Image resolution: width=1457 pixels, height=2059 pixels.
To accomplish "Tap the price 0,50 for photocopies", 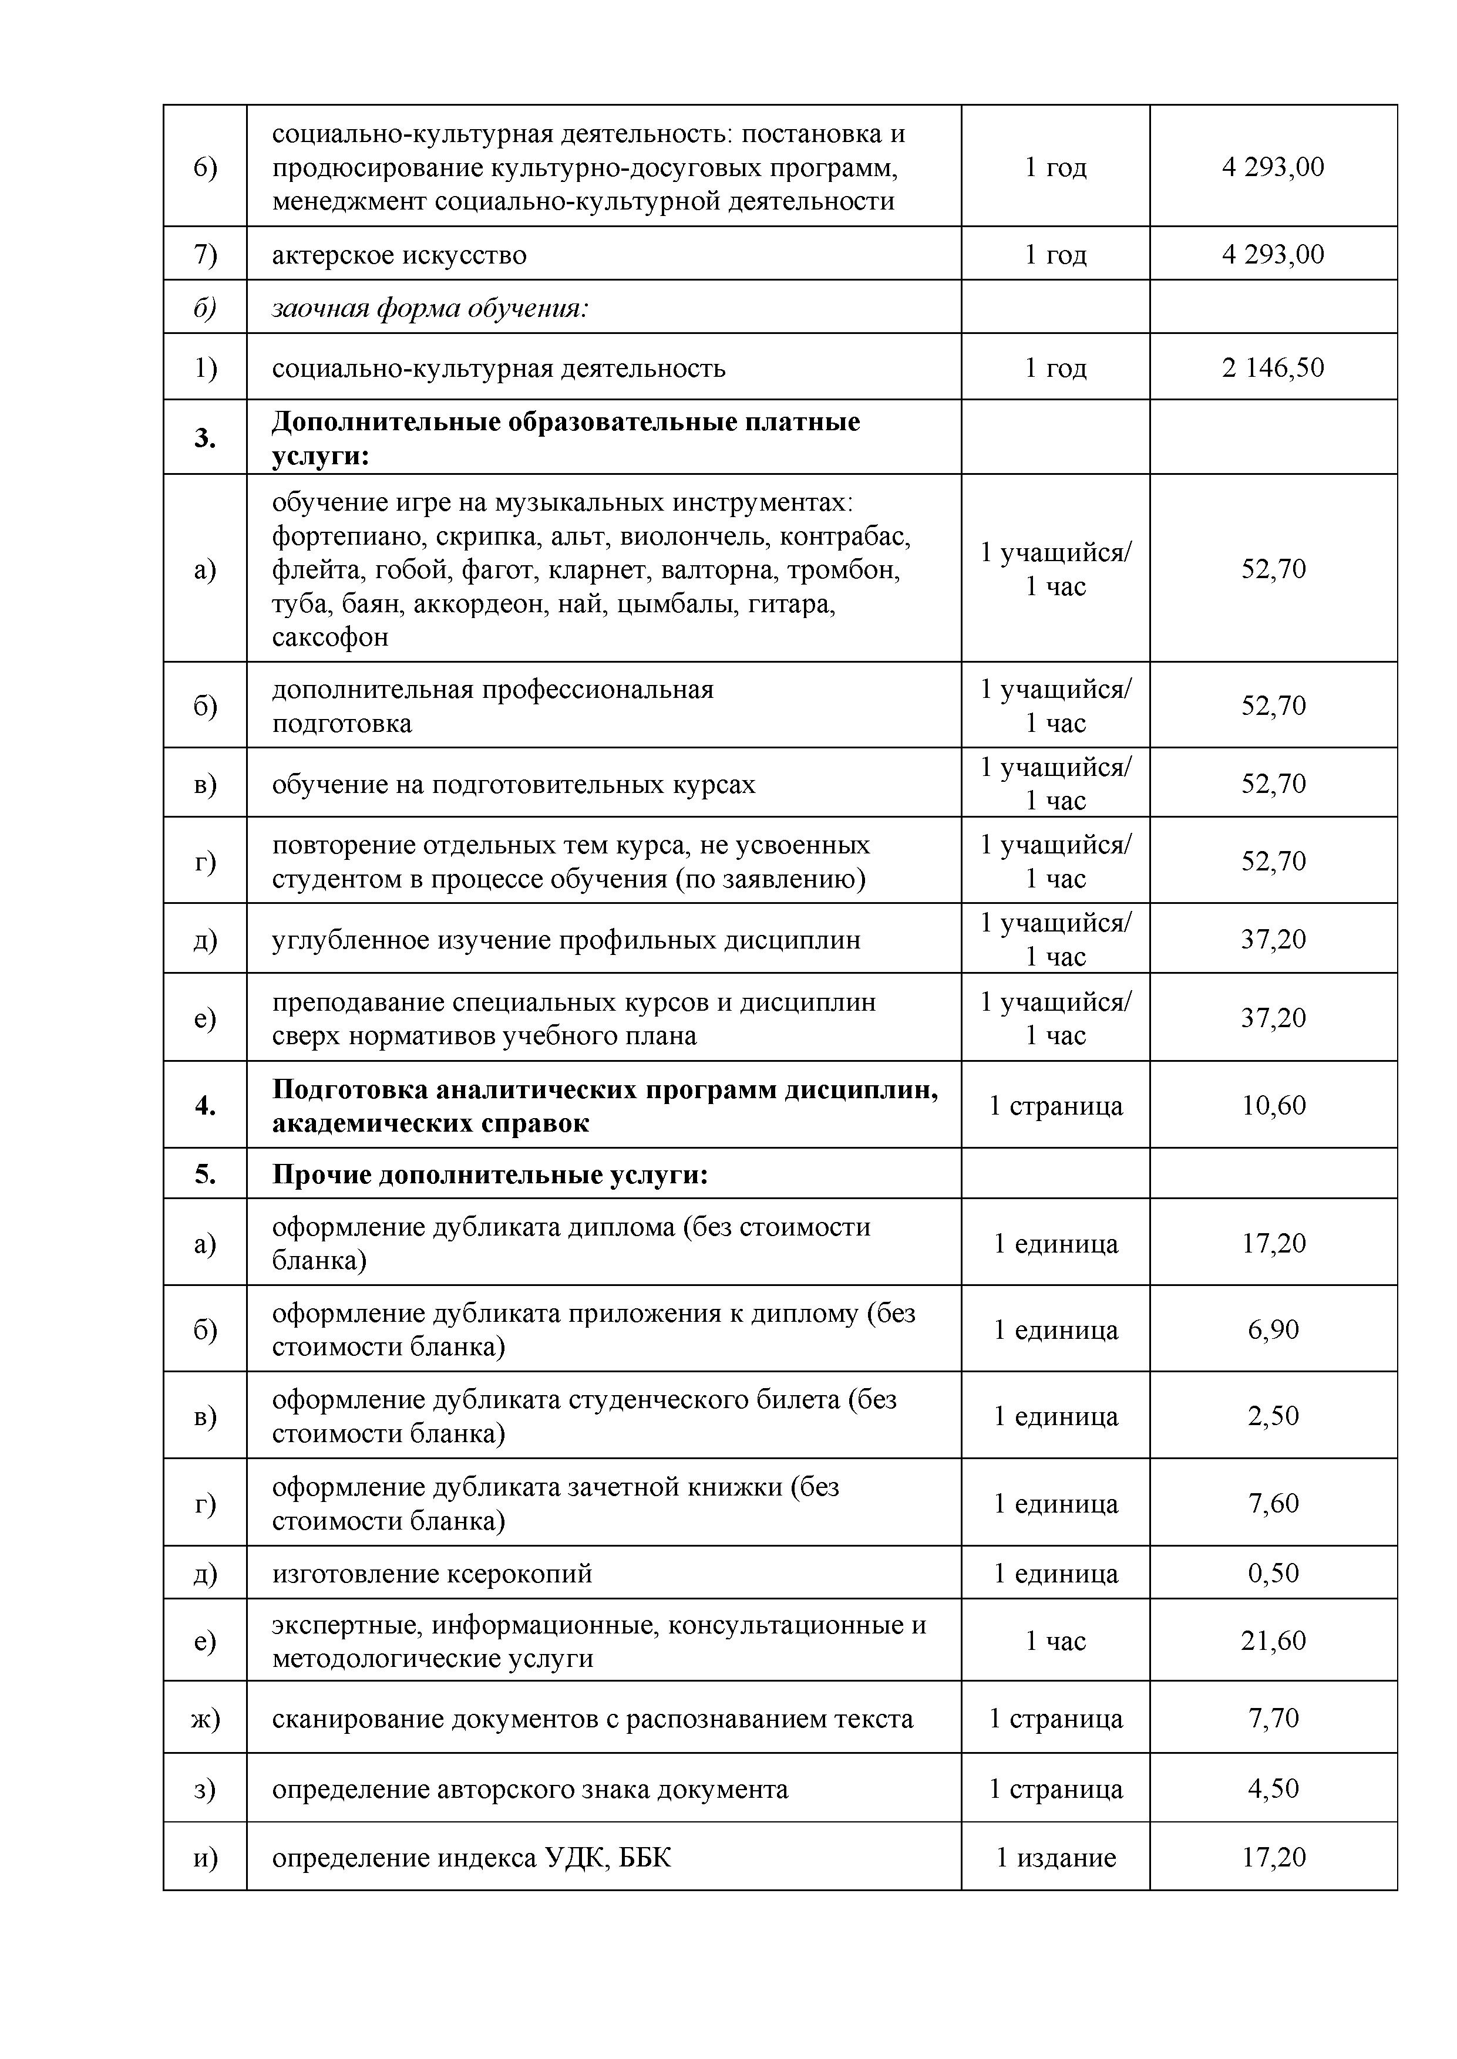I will pos(1273,1573).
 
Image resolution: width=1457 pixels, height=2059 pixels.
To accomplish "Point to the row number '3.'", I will pos(206,438).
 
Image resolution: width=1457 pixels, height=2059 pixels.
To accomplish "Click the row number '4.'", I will pos(206,1106).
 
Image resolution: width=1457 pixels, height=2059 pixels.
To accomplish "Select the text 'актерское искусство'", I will pos(399,255).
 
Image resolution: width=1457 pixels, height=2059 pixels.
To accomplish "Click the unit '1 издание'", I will pos(1056,1857).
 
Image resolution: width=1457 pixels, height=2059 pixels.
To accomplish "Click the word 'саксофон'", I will pos(330,637).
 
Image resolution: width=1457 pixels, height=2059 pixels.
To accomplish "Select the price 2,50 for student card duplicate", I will pos(1273,1416).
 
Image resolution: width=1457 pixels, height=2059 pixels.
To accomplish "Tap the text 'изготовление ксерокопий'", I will pos(432,1574).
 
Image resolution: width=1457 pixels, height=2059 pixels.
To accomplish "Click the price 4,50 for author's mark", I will pos(1273,1788).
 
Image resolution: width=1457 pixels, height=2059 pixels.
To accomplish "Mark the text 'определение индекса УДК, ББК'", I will pos(471,1857).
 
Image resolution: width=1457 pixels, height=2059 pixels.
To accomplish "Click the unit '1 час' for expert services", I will pos(1056,1641).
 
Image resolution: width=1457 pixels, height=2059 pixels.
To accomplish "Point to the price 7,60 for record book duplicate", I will pos(1273,1503).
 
